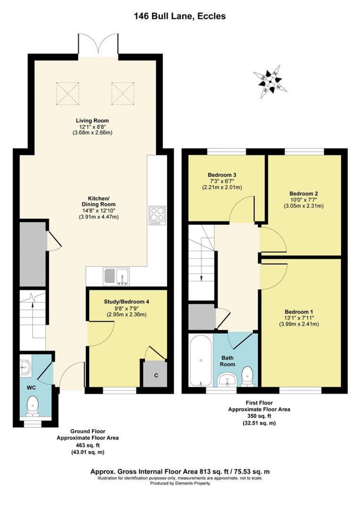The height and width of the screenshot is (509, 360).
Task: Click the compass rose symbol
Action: point(270,81)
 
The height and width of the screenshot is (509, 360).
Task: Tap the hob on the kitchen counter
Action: point(157,215)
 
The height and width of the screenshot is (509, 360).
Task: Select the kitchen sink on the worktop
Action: point(117,276)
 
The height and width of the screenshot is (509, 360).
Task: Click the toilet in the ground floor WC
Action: point(33,406)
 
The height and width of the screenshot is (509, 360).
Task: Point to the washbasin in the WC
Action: point(25,367)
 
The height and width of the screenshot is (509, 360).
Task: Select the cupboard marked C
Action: point(155,374)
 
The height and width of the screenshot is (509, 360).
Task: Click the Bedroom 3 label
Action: point(221,175)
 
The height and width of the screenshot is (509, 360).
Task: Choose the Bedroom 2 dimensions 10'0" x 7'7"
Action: point(303,200)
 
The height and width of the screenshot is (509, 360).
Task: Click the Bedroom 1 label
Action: point(299,312)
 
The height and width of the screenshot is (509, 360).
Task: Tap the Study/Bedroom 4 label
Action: point(127,301)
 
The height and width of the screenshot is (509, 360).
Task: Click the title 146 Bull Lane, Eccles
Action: point(180,16)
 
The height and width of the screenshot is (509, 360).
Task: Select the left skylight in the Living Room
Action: point(67,93)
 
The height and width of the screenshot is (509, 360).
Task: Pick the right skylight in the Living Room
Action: point(123,93)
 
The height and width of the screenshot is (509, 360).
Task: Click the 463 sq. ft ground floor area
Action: point(88,444)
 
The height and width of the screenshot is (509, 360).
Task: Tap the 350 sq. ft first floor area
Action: point(259,416)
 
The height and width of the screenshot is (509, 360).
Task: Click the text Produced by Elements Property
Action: point(180,483)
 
